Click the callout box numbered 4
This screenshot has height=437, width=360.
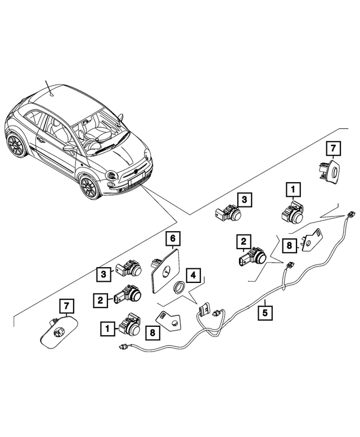(x=193, y=276)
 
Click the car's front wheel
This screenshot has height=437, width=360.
(x=88, y=186)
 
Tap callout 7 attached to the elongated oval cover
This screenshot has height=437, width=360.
(x=66, y=307)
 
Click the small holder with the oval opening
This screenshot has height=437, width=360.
(x=328, y=170)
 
